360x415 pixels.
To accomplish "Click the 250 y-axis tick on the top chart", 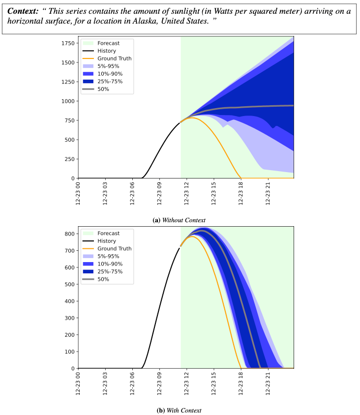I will (x=69, y=159).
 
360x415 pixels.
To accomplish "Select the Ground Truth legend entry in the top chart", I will (x=114, y=59).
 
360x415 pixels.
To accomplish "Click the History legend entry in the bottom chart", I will (x=107, y=241).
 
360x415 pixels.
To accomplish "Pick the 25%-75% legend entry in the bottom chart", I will (x=110, y=271).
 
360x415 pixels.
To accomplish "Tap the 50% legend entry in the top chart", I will (x=103, y=89).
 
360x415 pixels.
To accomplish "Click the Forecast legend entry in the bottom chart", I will (x=108, y=233).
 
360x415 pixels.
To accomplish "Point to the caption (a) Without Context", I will (x=179, y=220).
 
